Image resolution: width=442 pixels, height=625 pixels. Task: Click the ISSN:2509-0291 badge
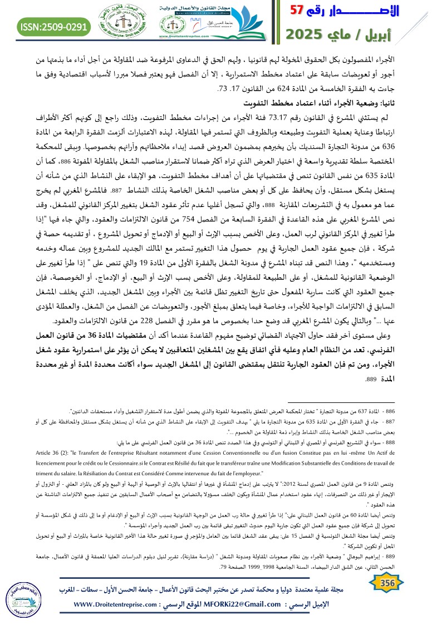54,26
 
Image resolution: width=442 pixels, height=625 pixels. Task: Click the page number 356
385,582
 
